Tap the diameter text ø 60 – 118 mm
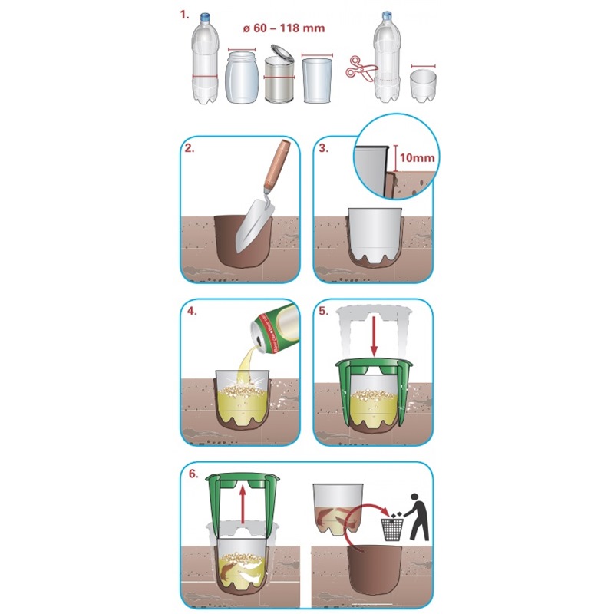point(284,28)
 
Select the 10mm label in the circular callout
point(417,158)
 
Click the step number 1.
point(184,15)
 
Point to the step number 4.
point(192,312)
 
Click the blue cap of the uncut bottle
point(206,17)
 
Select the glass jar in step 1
point(242,78)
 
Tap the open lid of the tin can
point(282,53)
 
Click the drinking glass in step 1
point(317,81)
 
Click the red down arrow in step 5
point(374,336)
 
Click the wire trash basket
point(392,530)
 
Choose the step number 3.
point(323,148)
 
